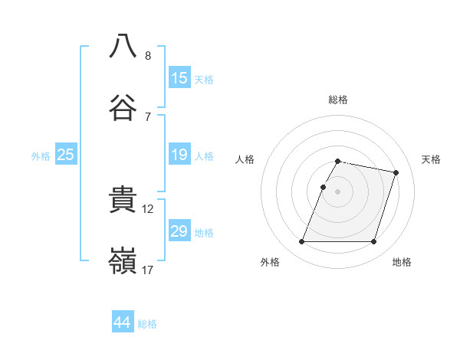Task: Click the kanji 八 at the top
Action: point(123,45)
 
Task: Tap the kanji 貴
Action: point(123,201)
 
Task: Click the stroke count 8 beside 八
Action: point(148,55)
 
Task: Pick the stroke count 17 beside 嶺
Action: point(148,270)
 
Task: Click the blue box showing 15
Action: point(179,77)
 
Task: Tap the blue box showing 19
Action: point(179,155)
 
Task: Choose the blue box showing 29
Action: point(179,231)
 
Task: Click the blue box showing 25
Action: point(66,155)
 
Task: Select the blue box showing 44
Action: point(123,322)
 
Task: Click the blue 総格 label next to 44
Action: point(147,324)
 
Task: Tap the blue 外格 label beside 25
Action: point(41,156)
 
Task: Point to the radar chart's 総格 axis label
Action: point(338,100)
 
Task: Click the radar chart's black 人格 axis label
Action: point(245,159)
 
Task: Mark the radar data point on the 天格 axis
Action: point(396,173)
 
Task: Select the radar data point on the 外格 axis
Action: point(302,242)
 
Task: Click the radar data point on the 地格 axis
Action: point(374,242)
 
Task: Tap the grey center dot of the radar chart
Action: point(338,191)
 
